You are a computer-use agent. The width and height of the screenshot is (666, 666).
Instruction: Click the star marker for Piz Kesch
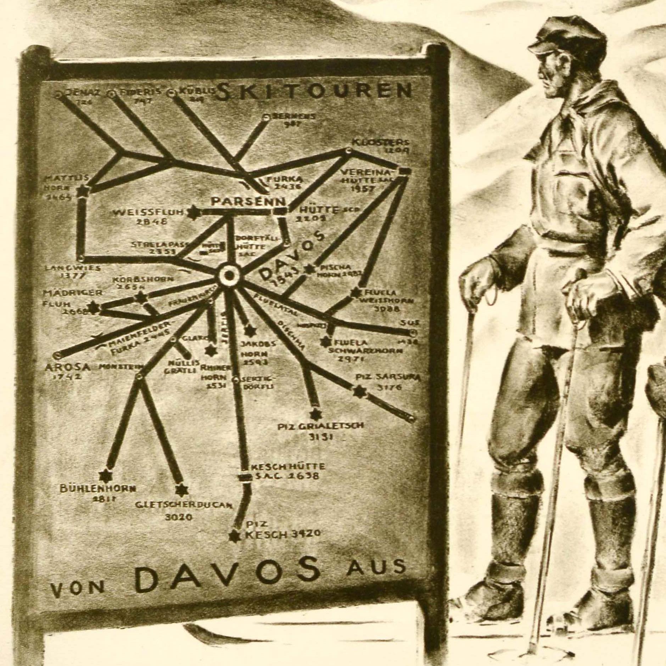pos(233,546)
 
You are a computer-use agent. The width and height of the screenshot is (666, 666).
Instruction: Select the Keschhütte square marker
pos(243,477)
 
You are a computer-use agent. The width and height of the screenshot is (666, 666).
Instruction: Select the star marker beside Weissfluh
pos(194,213)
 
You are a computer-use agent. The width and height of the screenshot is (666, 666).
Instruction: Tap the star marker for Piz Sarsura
pos(360,391)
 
